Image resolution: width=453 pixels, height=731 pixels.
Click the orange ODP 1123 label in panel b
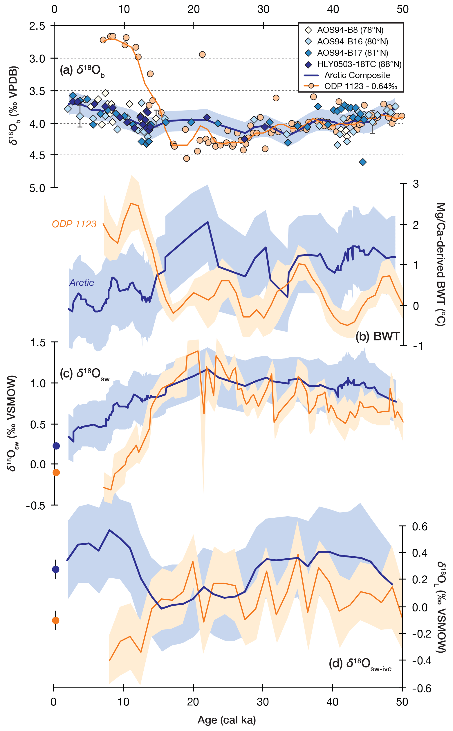point(74,224)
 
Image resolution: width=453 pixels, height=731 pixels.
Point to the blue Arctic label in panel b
point(82,283)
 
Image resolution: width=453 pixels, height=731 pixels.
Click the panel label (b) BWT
point(378,337)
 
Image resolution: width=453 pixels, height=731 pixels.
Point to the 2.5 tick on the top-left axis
point(37,26)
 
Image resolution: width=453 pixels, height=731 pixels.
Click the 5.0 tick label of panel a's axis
point(37,188)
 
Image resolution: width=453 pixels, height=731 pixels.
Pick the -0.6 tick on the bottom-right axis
point(421,688)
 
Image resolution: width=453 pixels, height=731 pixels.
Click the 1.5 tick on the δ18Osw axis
point(38,342)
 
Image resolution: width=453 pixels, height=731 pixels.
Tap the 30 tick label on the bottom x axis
point(263,702)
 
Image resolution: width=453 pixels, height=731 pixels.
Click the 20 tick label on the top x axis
point(194,10)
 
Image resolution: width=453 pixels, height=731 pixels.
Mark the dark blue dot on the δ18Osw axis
point(56,446)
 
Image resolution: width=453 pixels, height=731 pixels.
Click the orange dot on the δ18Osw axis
point(56,472)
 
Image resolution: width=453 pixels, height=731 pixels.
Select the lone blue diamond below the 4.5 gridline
point(363,162)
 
